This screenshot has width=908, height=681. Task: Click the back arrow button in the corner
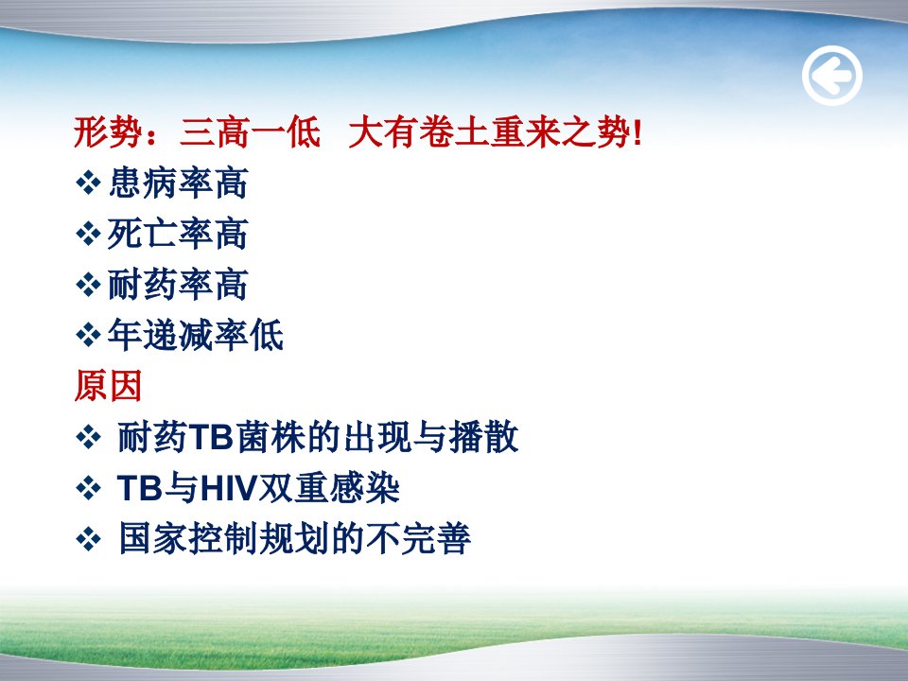[x=831, y=76]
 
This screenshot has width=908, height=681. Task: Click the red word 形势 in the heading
[x=108, y=132]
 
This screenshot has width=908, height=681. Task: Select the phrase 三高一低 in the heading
[x=250, y=132]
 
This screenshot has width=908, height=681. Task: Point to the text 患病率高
[x=179, y=183]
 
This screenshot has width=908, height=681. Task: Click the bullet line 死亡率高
[x=179, y=234]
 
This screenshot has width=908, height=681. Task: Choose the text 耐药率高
[x=179, y=285]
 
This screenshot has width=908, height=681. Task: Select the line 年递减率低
[x=196, y=335]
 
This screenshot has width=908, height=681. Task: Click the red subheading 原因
[x=108, y=386]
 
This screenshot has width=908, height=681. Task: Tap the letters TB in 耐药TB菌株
[x=211, y=437]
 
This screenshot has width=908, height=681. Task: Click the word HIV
[x=228, y=488]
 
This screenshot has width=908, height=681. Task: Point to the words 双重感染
[x=329, y=488]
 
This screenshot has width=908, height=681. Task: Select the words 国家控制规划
[x=225, y=538]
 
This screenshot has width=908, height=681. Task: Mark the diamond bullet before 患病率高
[x=88, y=183]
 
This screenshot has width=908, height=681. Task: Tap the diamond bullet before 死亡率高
[x=88, y=234]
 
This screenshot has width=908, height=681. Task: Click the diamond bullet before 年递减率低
[x=88, y=335]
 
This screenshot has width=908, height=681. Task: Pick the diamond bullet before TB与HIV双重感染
[x=88, y=488]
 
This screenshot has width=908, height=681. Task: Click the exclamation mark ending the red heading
[x=637, y=133]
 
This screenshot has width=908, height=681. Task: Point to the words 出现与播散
[x=431, y=437]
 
